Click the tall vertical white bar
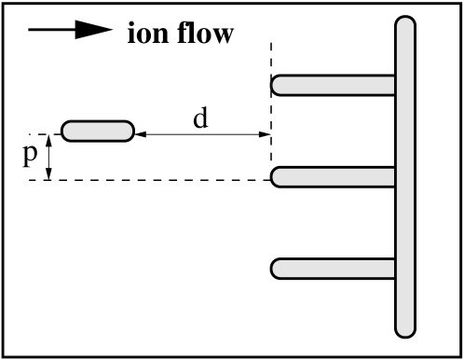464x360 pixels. (x=405, y=177)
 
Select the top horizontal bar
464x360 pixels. (x=334, y=85)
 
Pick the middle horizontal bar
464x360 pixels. (x=334, y=177)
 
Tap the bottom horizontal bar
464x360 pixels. (x=334, y=269)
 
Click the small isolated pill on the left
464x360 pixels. (x=98, y=132)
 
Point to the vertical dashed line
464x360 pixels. (x=271, y=103)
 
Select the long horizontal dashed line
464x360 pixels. (x=149, y=180)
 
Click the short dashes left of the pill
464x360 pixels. (x=42, y=135)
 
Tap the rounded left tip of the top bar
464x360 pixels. (x=278, y=85)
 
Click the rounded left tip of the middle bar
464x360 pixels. (x=278, y=177)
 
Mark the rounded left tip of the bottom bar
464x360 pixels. (x=278, y=269)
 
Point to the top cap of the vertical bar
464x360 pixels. (x=405, y=23)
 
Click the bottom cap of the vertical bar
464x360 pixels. (x=405, y=329)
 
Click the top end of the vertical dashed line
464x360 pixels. (x=271, y=52)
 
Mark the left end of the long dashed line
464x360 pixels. (x=37, y=180)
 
